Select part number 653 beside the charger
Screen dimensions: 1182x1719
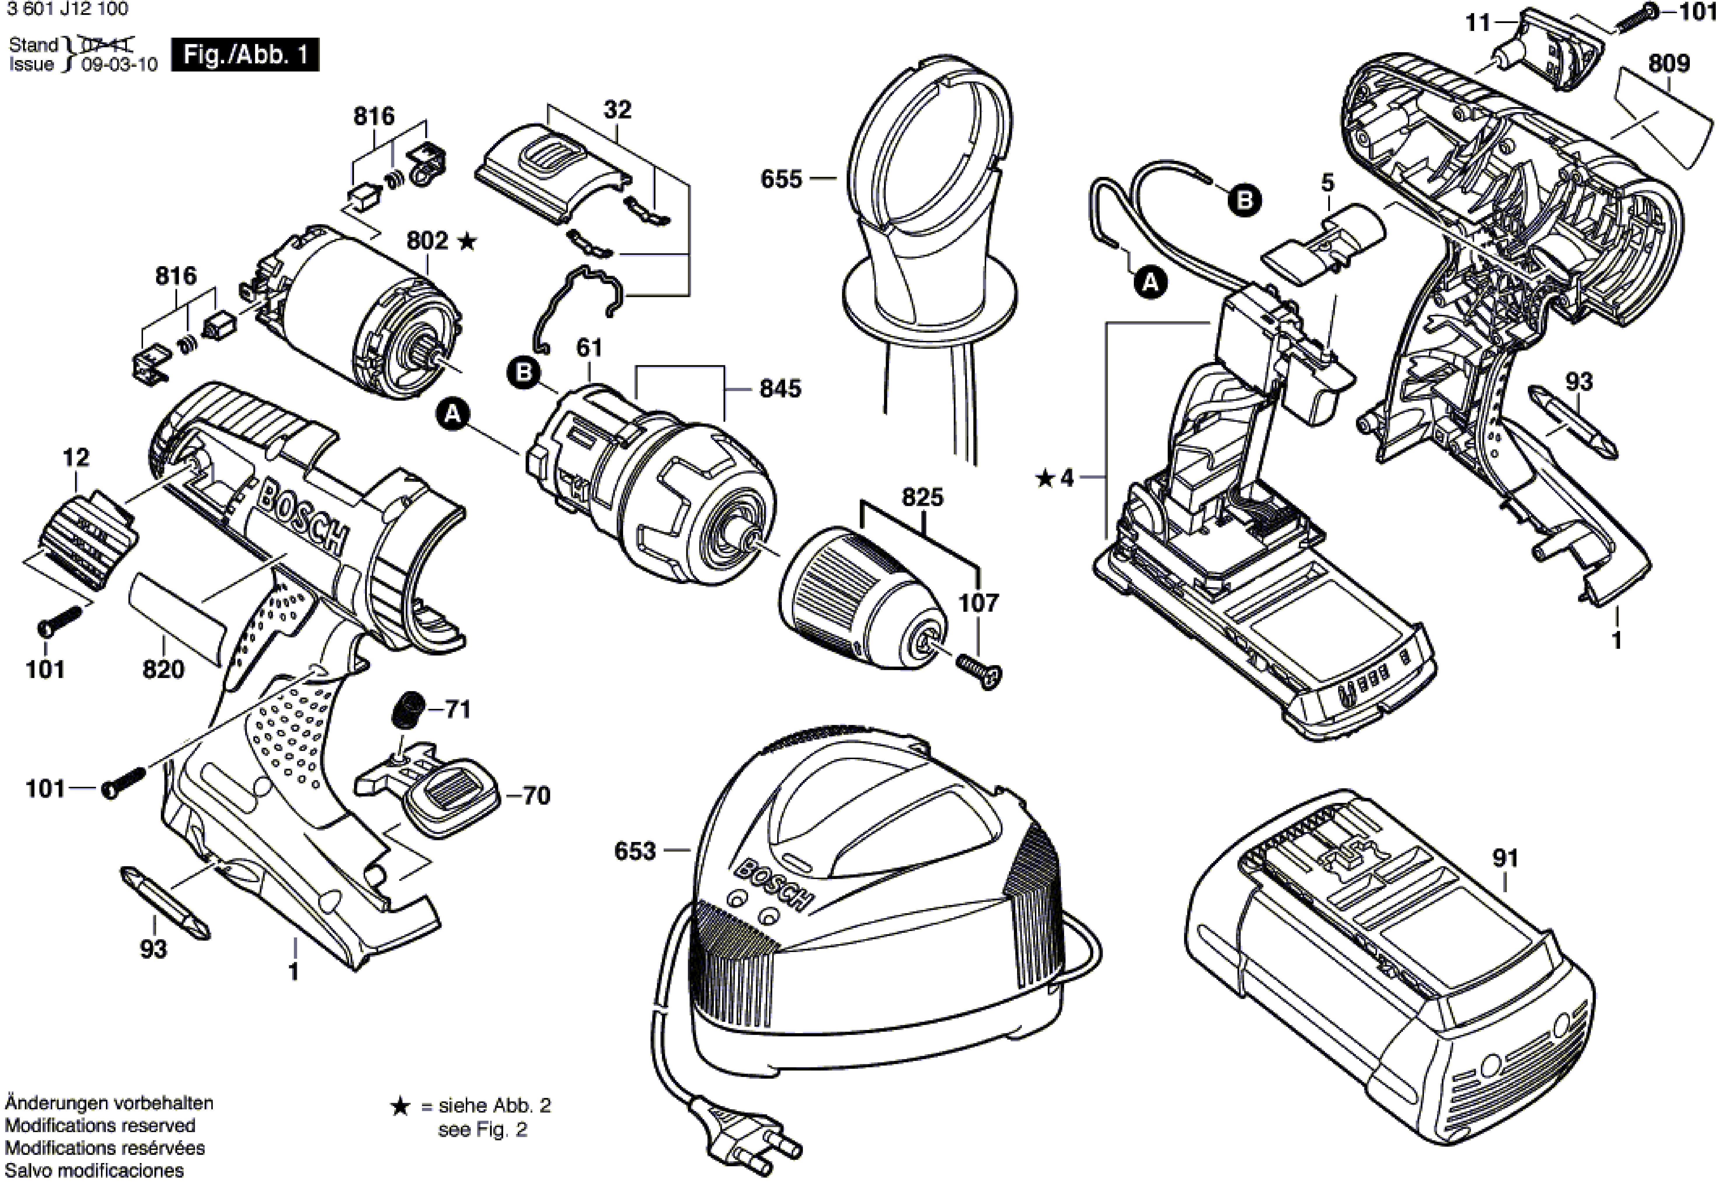(635, 852)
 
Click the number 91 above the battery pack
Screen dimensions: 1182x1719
(1505, 858)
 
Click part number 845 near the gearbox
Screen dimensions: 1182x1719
(780, 389)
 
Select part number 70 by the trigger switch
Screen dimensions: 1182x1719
(536, 796)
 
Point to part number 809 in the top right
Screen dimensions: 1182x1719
(1669, 64)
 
